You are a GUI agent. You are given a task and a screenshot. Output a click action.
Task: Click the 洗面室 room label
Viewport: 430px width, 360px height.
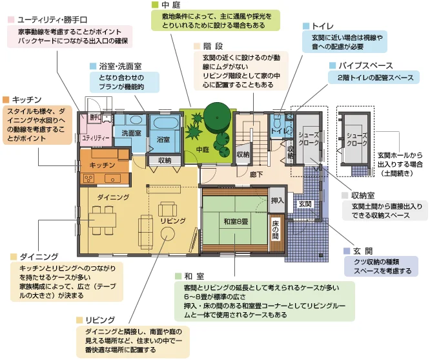pyautogui.click(x=131, y=133)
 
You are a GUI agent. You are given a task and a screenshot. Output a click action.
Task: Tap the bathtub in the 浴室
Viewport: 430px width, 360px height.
pyautogui.click(x=164, y=123)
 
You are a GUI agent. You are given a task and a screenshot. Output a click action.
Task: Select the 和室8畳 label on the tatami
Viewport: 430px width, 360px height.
pyautogui.click(x=236, y=221)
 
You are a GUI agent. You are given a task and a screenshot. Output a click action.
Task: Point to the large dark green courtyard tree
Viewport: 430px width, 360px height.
pyautogui.click(x=217, y=118)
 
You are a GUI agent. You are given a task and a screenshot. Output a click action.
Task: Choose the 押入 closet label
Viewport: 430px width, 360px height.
pyautogui.click(x=277, y=200)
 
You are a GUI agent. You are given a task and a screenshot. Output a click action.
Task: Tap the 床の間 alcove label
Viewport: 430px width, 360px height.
pyautogui.click(x=275, y=230)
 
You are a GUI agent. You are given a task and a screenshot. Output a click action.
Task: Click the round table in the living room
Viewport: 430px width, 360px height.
pyautogui.click(x=167, y=235)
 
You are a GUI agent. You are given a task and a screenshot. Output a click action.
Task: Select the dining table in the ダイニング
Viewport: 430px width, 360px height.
pyautogui.click(x=102, y=220)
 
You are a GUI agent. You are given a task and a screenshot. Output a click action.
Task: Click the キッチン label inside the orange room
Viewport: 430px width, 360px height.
pyautogui.click(x=102, y=165)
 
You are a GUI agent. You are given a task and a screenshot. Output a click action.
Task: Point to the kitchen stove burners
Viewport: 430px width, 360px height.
pyautogui.click(x=88, y=179)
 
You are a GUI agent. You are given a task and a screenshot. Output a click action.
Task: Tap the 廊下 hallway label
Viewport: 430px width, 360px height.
pyautogui.click(x=256, y=175)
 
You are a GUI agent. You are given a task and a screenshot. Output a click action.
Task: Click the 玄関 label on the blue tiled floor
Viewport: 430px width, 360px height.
pyautogui.click(x=305, y=204)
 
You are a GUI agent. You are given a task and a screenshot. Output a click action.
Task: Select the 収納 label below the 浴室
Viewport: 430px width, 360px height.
pyautogui.click(x=165, y=160)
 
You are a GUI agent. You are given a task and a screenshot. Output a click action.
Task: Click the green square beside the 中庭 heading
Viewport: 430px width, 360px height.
pyautogui.click(x=155, y=5)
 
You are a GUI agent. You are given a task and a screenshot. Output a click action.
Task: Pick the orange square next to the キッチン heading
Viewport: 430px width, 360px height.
pyautogui.click(x=6, y=100)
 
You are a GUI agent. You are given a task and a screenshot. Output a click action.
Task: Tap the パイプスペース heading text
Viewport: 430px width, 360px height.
pyautogui.click(x=366, y=66)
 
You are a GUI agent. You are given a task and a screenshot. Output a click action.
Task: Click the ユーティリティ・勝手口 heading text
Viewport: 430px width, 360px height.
pyautogui.click(x=52, y=20)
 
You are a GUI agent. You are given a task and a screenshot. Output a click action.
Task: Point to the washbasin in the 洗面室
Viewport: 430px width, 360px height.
pyautogui.click(x=136, y=120)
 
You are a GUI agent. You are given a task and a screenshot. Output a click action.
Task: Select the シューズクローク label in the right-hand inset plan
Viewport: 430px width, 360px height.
pyautogui.click(x=357, y=139)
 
